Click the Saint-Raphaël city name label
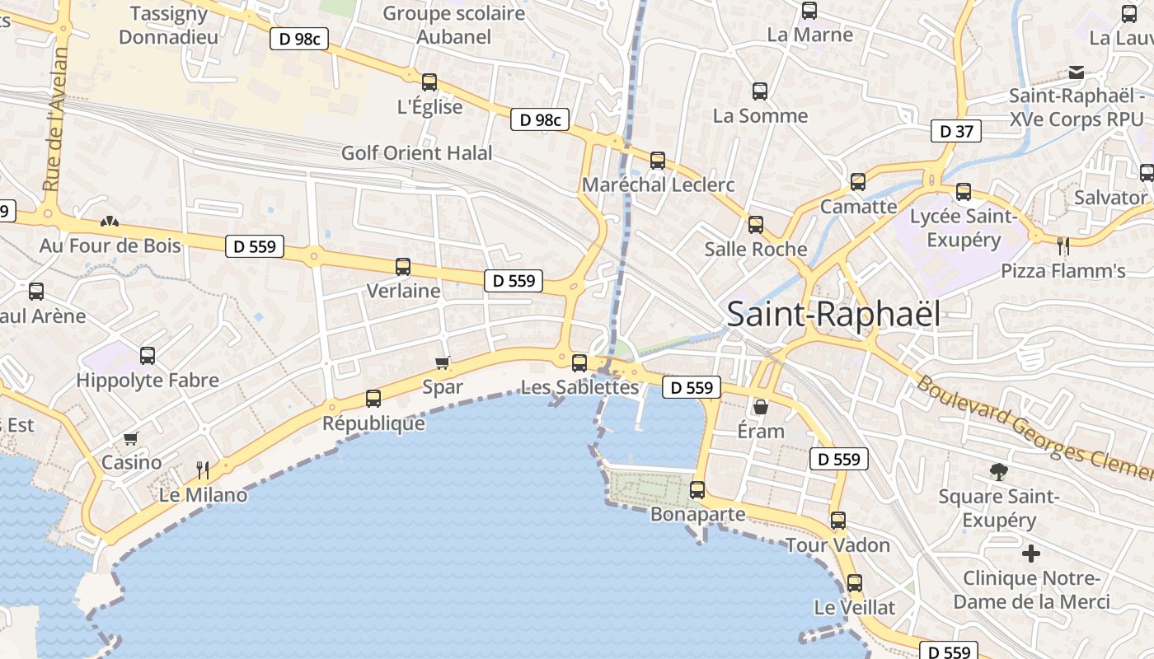click(x=833, y=314)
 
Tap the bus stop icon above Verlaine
click(x=403, y=266)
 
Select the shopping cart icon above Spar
click(x=443, y=362)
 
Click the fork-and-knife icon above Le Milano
click(x=203, y=470)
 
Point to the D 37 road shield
click(x=956, y=130)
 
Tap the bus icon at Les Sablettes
click(x=579, y=362)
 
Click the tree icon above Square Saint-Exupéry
click(x=999, y=472)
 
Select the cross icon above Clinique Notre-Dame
click(x=1031, y=554)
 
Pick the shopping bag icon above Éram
click(x=761, y=407)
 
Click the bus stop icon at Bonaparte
click(x=697, y=490)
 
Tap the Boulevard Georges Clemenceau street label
click(x=1034, y=428)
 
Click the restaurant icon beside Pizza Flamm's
click(x=1063, y=245)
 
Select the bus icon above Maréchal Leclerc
click(x=658, y=160)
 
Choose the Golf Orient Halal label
click(x=417, y=153)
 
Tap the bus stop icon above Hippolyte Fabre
click(x=148, y=356)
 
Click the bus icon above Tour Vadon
click(x=838, y=521)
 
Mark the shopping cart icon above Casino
click(x=130, y=438)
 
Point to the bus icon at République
click(x=373, y=399)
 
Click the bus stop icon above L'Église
click(x=429, y=82)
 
